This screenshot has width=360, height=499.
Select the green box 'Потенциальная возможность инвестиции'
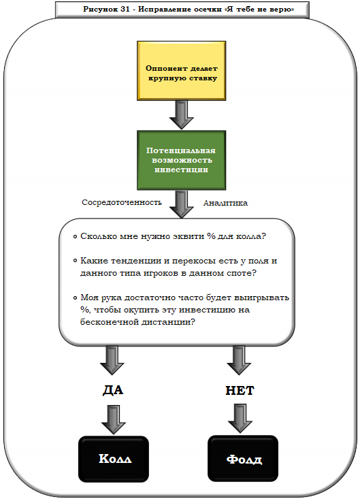[181, 160]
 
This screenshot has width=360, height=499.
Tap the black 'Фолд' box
[243, 458]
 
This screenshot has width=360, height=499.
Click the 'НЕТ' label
[239, 391]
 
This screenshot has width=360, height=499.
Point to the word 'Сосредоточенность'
[122, 202]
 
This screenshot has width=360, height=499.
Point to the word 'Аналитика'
[225, 203]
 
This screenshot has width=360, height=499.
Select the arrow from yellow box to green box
[181, 114]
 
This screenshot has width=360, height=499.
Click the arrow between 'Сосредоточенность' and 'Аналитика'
[181, 204]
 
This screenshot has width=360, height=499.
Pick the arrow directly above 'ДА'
[112, 359]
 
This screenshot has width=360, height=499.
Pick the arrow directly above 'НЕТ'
[239, 359]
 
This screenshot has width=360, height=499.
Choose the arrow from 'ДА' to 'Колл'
[112, 418]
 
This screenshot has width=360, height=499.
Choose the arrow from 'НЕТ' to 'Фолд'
[239, 418]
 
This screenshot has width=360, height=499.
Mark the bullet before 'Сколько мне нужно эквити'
[73, 237]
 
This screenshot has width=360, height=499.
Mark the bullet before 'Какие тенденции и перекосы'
[73, 261]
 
